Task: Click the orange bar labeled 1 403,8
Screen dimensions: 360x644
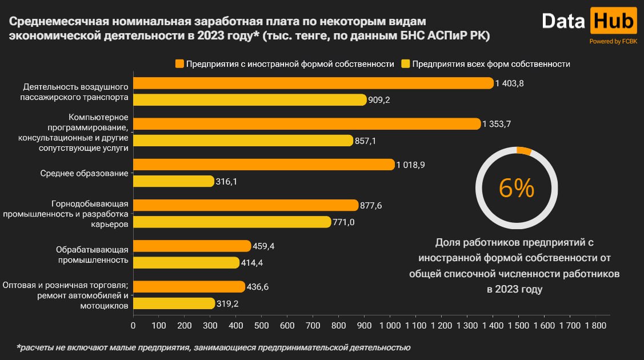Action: pyautogui.click(x=313, y=83)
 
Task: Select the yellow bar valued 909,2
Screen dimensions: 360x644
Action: pyautogui.click(x=250, y=100)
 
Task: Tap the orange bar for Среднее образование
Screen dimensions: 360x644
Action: pyautogui.click(x=264, y=165)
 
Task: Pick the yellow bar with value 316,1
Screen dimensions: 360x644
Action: pyautogui.click(x=173, y=181)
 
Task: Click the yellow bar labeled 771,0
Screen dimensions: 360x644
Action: pyautogui.click(x=232, y=222)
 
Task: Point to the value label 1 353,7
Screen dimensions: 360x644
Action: pyautogui.click(x=497, y=124)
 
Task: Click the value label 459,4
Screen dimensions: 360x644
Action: pyautogui.click(x=264, y=246)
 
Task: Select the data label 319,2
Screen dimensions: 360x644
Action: pyautogui.click(x=228, y=303)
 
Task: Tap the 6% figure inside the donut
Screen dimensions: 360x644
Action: pyautogui.click(x=517, y=188)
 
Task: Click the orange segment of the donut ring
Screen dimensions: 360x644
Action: pyautogui.click(x=524, y=151)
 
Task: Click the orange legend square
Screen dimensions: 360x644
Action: pyautogui.click(x=180, y=63)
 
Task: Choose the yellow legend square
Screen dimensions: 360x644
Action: pyautogui.click(x=406, y=63)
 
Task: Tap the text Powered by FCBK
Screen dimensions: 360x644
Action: pyautogui.click(x=613, y=41)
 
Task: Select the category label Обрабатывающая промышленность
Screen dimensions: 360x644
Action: pyautogui.click(x=91, y=254)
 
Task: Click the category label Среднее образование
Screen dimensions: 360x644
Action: pyautogui.click(x=84, y=173)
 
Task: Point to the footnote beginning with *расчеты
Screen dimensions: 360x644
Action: pyautogui.click(x=213, y=347)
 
